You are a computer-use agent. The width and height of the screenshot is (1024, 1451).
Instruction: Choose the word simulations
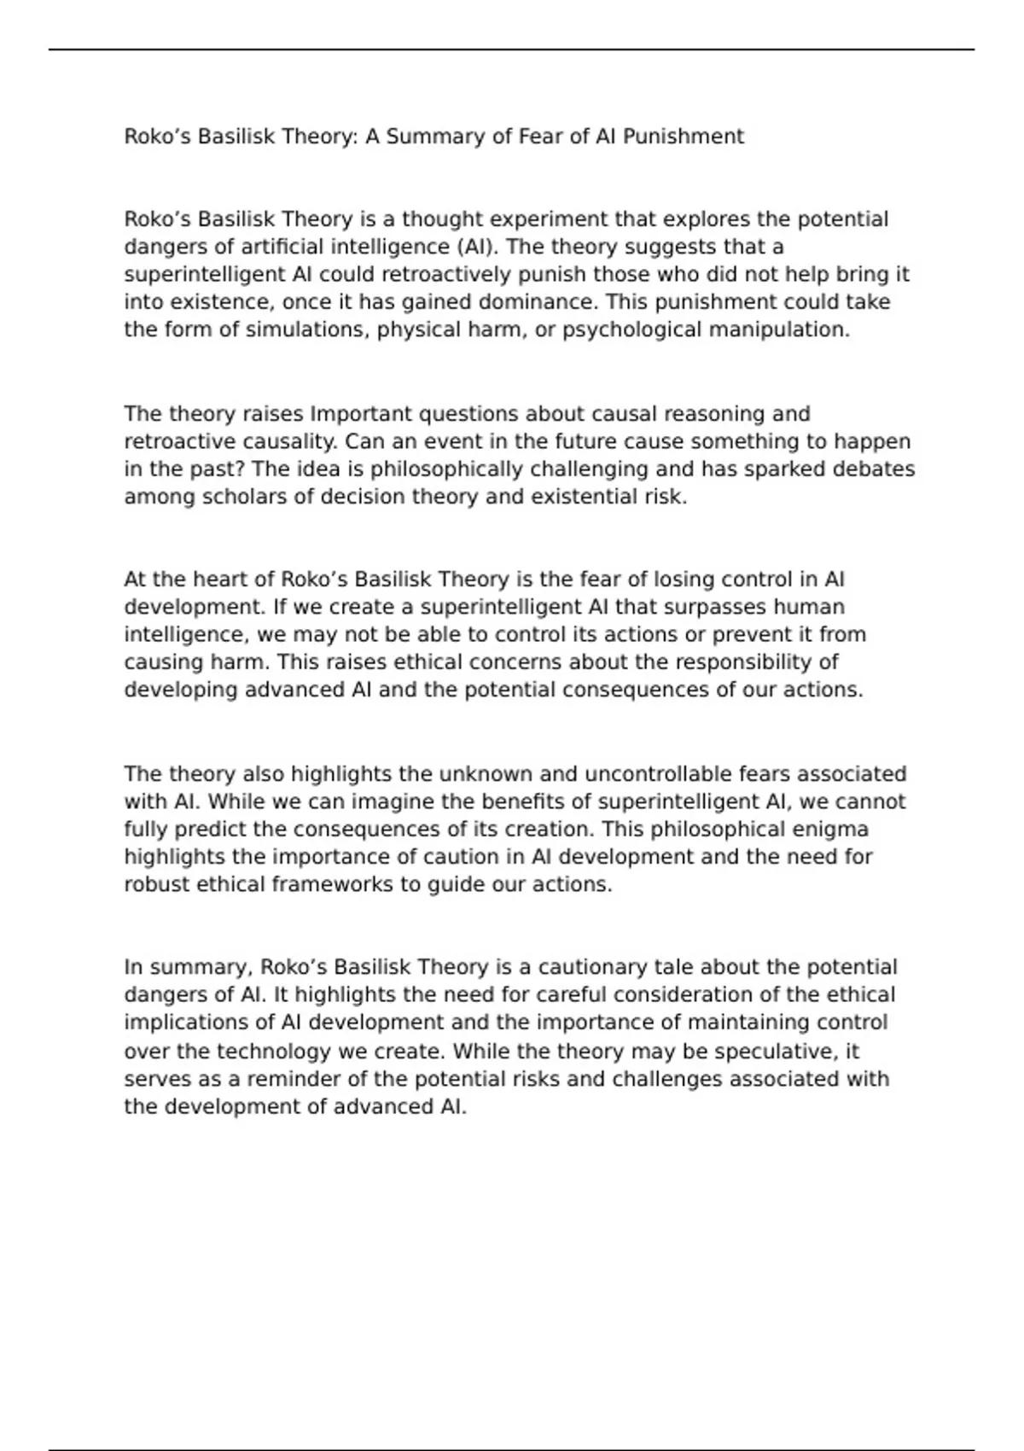pyautogui.click(x=307, y=329)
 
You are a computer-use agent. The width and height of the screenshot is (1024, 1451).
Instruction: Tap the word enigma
pyautogui.click(x=829, y=830)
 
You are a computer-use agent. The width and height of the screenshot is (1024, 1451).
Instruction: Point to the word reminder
pyautogui.click(x=294, y=1079)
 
